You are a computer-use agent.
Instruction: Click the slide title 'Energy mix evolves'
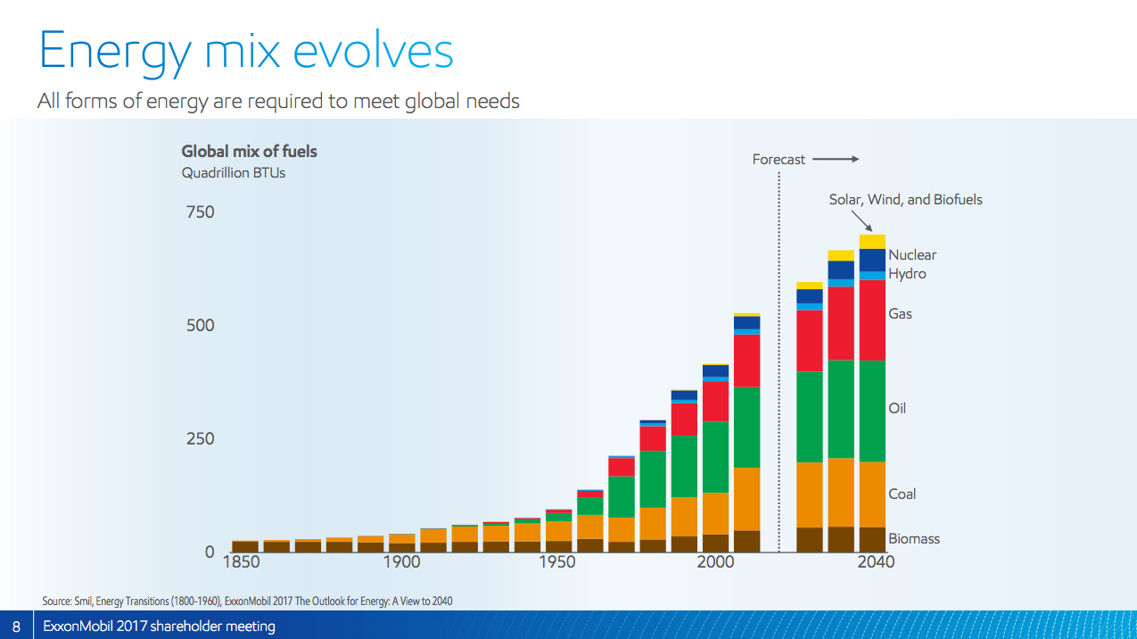246,51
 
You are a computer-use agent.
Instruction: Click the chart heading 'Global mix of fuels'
249,152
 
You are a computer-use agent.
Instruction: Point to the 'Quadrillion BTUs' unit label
234,173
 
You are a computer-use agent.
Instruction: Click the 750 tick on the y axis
200,212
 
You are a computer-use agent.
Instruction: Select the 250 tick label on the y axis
200,439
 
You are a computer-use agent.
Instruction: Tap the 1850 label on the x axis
241,562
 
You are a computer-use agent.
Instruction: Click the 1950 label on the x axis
557,562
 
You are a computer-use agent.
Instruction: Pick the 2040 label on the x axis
875,562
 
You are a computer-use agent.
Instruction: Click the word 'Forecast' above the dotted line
779,160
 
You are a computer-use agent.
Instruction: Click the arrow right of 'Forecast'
835,160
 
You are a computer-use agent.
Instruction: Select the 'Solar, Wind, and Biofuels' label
905,200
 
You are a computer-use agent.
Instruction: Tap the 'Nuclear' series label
912,255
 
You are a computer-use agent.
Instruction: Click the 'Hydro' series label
907,274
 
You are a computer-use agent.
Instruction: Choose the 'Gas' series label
900,314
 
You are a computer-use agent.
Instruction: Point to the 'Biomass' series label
914,539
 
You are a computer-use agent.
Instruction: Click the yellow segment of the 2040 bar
872,242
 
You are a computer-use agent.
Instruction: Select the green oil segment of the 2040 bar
872,411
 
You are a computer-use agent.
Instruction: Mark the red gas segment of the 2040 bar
872,319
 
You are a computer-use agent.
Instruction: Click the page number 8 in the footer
16,627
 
